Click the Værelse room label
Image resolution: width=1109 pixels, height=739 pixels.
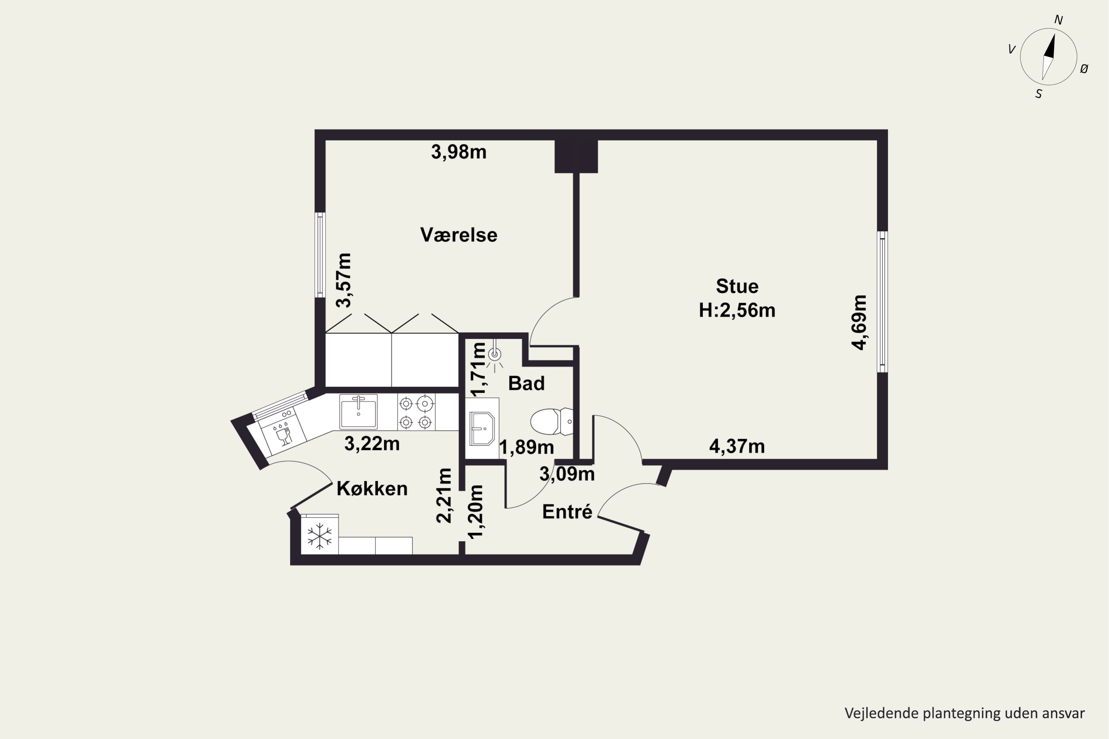(x=458, y=235)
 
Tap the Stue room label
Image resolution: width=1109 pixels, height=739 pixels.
(x=737, y=286)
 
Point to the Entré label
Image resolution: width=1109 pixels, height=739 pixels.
(x=567, y=511)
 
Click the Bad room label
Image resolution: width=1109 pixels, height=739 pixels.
(x=526, y=383)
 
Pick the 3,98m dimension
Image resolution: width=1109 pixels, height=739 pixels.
(x=459, y=152)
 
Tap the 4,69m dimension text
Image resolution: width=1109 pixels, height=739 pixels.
(x=859, y=322)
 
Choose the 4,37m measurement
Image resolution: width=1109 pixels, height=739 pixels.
(x=737, y=446)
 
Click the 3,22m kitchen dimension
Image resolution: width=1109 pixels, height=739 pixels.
(x=372, y=443)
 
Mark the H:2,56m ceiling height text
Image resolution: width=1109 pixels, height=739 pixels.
(x=737, y=310)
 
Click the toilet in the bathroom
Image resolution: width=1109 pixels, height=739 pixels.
(x=552, y=421)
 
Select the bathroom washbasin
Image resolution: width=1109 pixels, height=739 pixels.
(x=482, y=428)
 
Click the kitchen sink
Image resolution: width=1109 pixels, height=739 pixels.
(x=358, y=412)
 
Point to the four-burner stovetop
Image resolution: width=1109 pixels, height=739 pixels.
(x=416, y=412)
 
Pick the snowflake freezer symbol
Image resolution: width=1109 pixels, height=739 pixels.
(x=320, y=536)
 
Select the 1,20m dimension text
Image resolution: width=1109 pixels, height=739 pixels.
(x=475, y=511)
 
